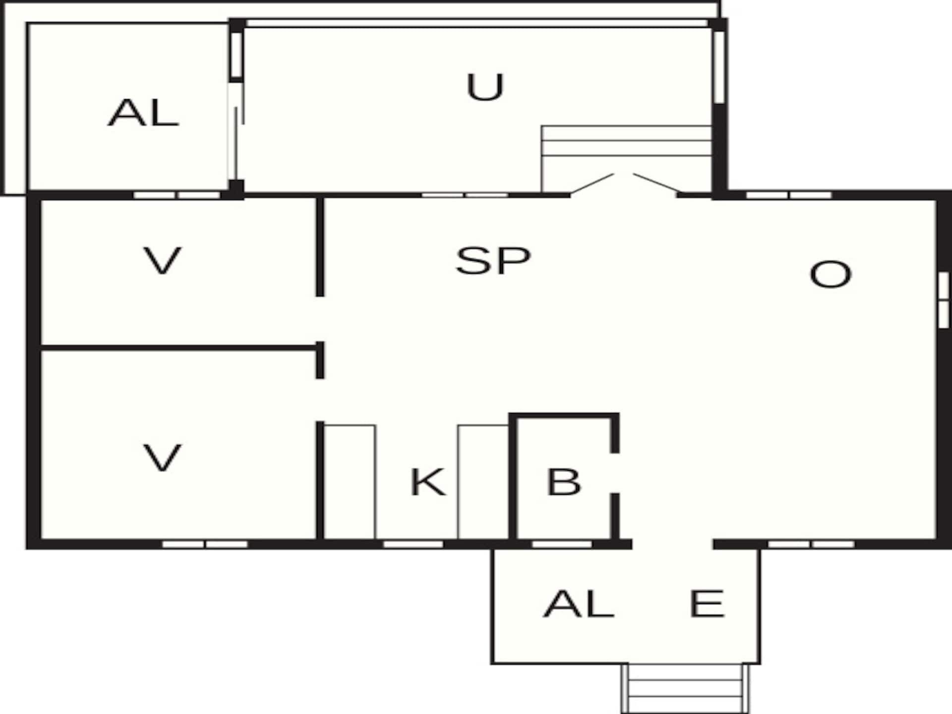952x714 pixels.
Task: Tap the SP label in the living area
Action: (493, 261)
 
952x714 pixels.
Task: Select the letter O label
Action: (830, 274)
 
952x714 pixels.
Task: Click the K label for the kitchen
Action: (428, 482)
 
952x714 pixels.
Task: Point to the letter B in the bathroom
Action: (563, 482)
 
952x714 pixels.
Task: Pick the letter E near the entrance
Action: (707, 603)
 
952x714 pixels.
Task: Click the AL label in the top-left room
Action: (143, 113)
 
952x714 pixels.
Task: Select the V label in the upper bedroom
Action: (162, 261)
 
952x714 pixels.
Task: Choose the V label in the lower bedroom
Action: (162, 458)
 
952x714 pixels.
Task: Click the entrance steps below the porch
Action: (686, 688)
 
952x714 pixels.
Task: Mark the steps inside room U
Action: (627, 159)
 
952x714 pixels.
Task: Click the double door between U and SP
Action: (624, 184)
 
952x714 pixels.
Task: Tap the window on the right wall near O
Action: (944, 299)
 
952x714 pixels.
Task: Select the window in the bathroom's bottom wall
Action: (562, 544)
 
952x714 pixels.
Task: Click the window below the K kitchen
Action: (414, 544)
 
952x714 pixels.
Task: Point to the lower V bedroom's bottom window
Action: (205, 544)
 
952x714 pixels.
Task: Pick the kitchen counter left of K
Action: (350, 482)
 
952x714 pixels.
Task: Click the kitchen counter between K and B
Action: (483, 482)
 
